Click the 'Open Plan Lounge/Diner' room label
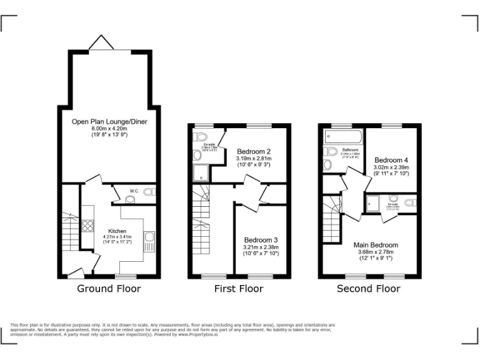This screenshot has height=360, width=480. [x=109, y=121]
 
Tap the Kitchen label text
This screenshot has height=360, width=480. [x=117, y=231]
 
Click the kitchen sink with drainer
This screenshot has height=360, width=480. [x=149, y=242]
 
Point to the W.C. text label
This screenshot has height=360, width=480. [x=134, y=191]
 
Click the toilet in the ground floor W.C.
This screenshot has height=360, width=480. [x=149, y=192]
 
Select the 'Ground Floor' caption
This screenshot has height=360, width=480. [x=109, y=288]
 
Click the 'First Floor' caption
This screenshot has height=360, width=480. [x=239, y=288]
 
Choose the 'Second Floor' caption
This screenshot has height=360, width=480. [x=369, y=288]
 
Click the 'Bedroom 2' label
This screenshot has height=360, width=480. [x=253, y=151]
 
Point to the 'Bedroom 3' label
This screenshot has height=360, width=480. [x=261, y=240]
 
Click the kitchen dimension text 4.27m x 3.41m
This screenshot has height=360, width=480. [x=117, y=237]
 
